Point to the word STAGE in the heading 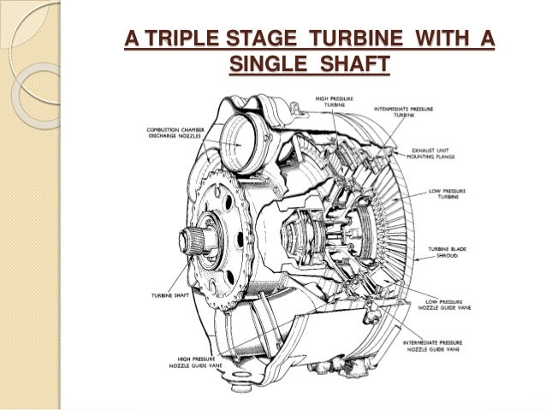[x=261, y=40]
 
